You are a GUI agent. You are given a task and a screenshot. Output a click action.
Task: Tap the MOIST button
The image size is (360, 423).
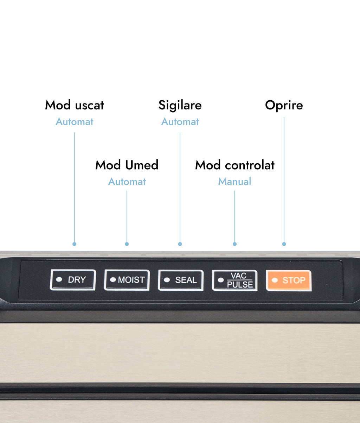[127, 280]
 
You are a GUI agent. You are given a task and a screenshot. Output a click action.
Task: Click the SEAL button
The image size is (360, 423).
[181, 280]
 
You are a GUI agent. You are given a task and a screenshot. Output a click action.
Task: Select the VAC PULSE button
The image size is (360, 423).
[235, 280]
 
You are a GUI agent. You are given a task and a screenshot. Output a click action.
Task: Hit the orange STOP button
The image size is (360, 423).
[289, 280]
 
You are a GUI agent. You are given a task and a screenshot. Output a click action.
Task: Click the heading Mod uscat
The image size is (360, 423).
[75, 105]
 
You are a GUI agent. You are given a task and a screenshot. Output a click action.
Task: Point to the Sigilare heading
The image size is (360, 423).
[180, 106]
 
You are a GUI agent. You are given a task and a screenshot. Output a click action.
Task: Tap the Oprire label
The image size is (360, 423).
[284, 106]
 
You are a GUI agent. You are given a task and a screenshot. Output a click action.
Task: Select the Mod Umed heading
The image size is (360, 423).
[127, 165]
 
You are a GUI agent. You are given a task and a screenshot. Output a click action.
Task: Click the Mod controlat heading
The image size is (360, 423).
[235, 165]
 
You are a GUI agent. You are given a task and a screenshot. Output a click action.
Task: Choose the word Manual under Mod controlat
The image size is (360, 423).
[235, 182]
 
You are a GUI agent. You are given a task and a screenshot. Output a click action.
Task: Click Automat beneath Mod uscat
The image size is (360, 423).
[75, 122]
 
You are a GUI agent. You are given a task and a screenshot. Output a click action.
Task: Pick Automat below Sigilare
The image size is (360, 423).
[180, 122]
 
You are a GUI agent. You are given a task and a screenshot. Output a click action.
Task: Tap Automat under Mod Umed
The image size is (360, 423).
[127, 182]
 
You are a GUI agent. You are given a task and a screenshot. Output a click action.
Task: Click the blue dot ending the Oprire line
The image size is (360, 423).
[284, 244]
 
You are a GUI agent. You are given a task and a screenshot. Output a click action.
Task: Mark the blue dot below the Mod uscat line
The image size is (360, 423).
[75, 244]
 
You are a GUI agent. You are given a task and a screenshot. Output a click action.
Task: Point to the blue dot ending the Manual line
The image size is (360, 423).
[235, 244]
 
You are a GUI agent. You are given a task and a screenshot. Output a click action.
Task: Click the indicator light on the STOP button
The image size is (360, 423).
[275, 280]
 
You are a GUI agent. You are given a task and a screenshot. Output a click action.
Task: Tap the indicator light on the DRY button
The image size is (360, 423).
[59, 279]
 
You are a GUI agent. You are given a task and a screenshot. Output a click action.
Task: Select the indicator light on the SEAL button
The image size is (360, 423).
[167, 280]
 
